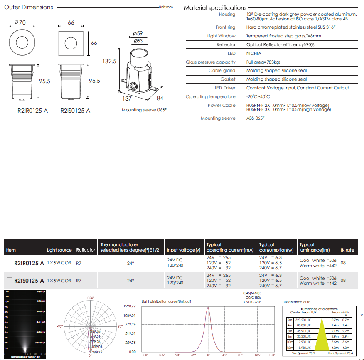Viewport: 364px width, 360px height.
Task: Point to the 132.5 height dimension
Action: [x=109, y=61]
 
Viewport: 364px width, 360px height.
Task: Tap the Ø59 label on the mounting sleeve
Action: [x=138, y=33]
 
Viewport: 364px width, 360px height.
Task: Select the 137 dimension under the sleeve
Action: [x=127, y=99]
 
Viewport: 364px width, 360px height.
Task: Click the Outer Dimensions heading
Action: [x=29, y=7]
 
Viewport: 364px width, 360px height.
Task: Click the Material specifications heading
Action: [x=215, y=8]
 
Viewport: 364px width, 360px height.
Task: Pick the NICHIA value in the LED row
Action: [x=254, y=53]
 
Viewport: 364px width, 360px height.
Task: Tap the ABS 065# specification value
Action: [x=256, y=118]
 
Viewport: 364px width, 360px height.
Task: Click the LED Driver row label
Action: [x=225, y=88]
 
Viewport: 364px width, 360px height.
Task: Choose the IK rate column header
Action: [x=347, y=250]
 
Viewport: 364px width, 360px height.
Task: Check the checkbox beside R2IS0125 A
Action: [x=10, y=280]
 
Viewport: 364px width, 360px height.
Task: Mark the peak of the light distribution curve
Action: [x=208, y=307]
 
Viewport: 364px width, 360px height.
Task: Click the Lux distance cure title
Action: [x=296, y=302]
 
